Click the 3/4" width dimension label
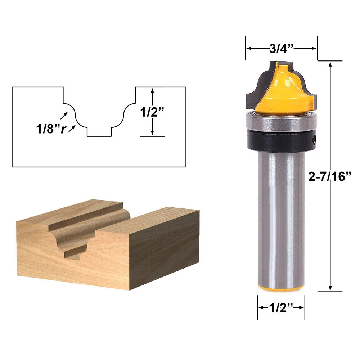click(x=281, y=49)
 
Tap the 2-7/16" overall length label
click(x=329, y=176)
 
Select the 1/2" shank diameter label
click(x=281, y=308)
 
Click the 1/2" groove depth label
click(x=152, y=112)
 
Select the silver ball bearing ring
click(x=281, y=122)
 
